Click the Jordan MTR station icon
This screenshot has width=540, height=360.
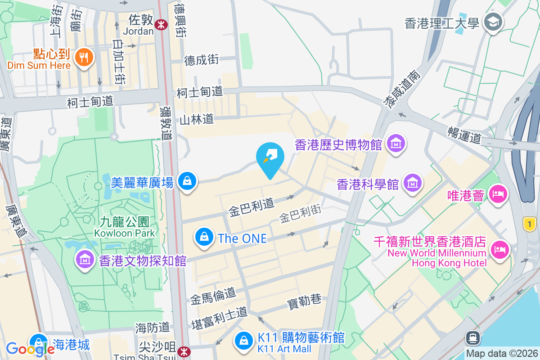point(160,25)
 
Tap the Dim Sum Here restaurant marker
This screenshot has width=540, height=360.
point(84,57)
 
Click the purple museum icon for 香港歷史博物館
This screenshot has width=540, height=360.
point(397,144)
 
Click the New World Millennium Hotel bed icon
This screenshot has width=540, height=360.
point(499,249)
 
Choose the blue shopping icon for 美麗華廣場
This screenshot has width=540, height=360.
point(186,181)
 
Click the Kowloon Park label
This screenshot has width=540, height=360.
point(125,227)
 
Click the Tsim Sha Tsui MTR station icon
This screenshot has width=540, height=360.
point(183,351)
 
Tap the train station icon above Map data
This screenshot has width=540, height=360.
point(472,337)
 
